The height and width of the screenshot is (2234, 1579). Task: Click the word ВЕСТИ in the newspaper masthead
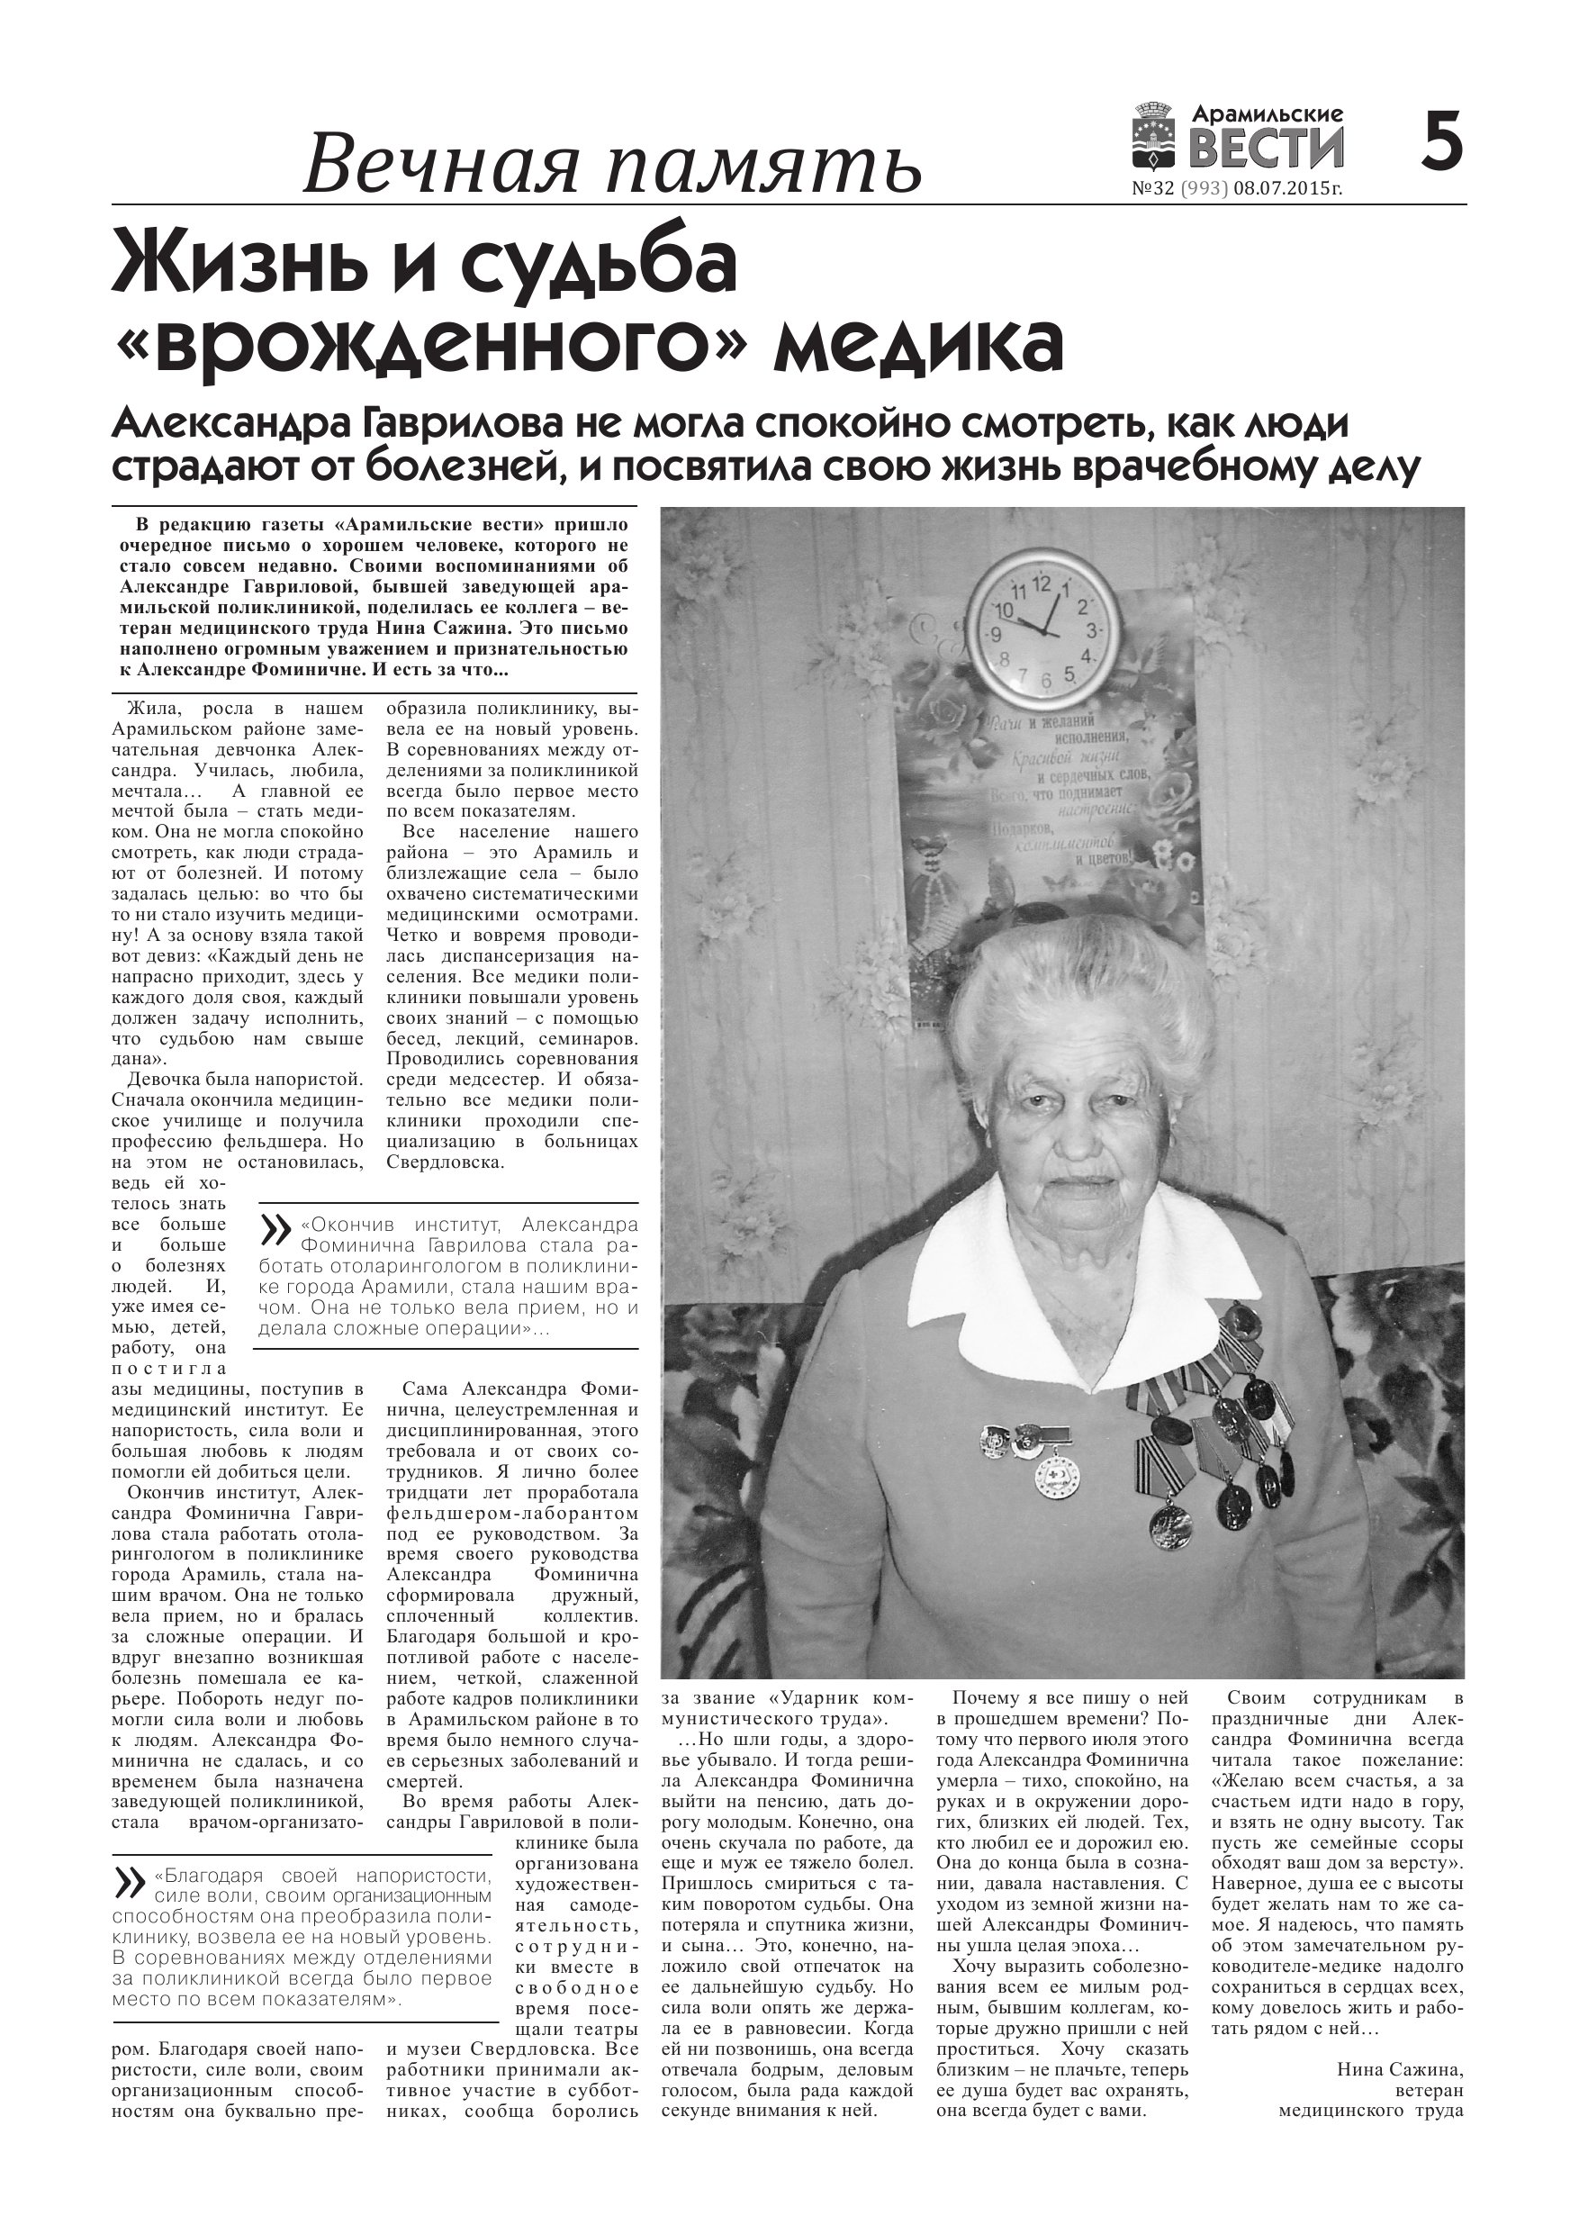[x=1266, y=149]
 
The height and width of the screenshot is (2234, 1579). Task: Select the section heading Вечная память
[x=612, y=165]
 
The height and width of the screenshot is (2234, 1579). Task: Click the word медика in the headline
[x=918, y=347]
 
